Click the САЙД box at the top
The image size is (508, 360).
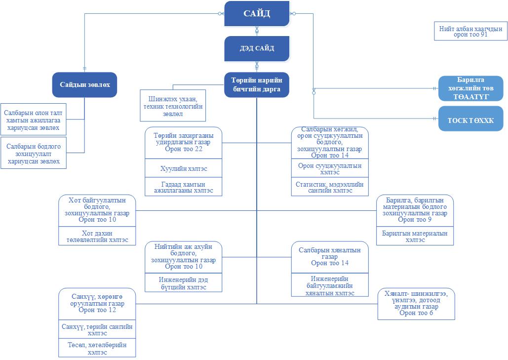click(257, 13)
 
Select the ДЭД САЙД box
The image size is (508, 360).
click(257, 48)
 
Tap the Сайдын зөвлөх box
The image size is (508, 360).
click(84, 85)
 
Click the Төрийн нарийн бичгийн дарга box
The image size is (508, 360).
click(257, 85)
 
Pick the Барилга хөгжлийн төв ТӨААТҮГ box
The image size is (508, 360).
click(470, 89)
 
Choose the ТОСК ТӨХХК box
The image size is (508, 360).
click(470, 119)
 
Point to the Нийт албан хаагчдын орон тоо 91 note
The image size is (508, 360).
click(470, 32)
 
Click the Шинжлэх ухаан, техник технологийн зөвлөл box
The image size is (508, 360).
click(173, 105)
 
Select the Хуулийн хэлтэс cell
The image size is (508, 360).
click(183, 169)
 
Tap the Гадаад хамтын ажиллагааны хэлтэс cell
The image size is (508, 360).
click(183, 187)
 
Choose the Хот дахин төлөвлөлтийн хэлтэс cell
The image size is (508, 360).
click(97, 237)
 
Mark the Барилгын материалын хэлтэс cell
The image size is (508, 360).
click(415, 237)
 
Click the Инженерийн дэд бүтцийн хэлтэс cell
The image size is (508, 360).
click(183, 283)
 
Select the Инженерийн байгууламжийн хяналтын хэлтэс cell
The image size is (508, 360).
click(330, 285)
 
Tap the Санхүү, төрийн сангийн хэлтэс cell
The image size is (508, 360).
click(97, 330)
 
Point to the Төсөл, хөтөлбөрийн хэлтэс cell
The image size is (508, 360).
click(97, 349)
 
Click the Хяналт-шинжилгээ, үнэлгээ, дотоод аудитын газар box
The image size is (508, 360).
click(416, 303)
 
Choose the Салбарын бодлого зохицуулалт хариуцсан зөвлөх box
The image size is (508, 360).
click(33, 154)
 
